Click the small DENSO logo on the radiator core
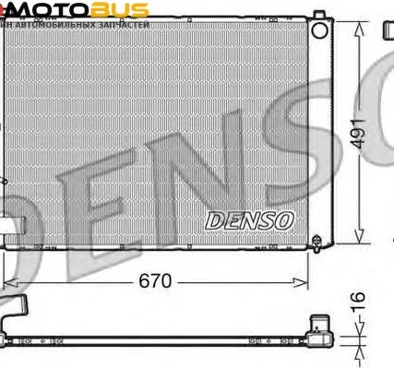[248, 220]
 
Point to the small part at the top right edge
[388, 30]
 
